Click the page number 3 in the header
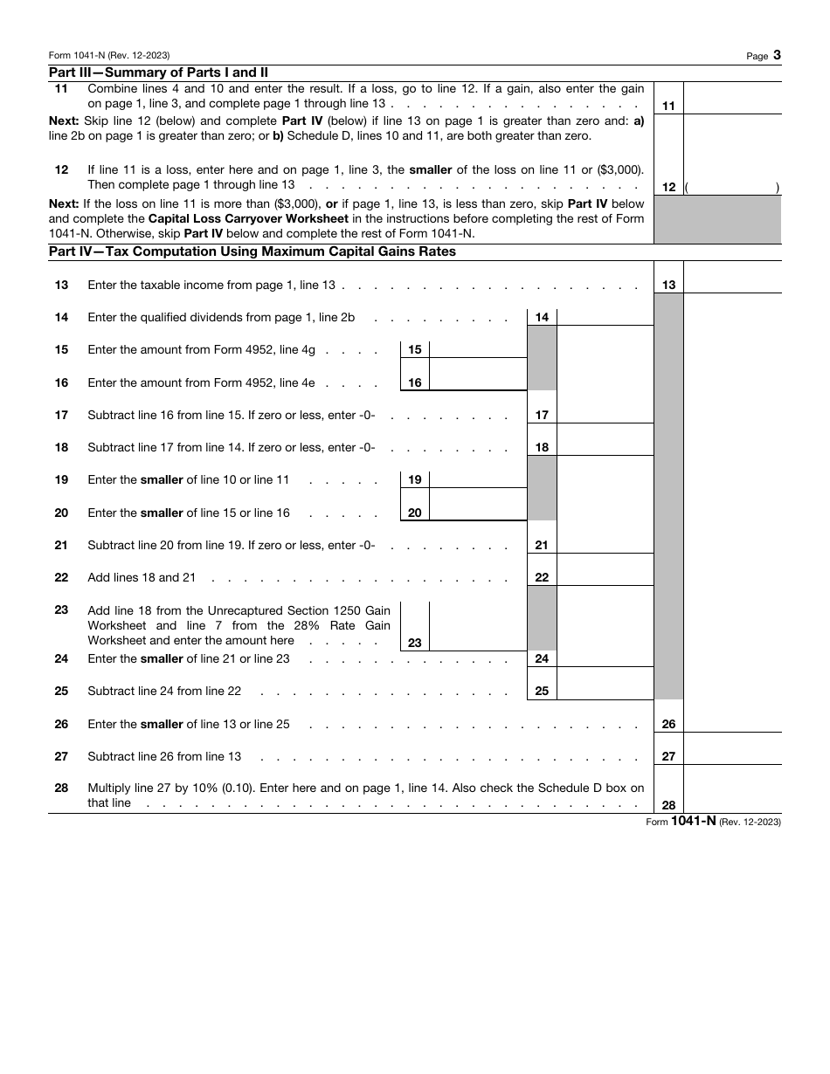click(777, 55)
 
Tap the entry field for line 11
click(731, 99)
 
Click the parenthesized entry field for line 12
click(731, 187)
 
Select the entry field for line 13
click(731, 278)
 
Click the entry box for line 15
click(478, 349)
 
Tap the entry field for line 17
click(605, 408)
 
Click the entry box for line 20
click(478, 506)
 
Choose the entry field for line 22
click(605, 570)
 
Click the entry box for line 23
click(478, 627)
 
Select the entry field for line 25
click(605, 684)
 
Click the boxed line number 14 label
click(542, 317)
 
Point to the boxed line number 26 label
click(668, 724)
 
